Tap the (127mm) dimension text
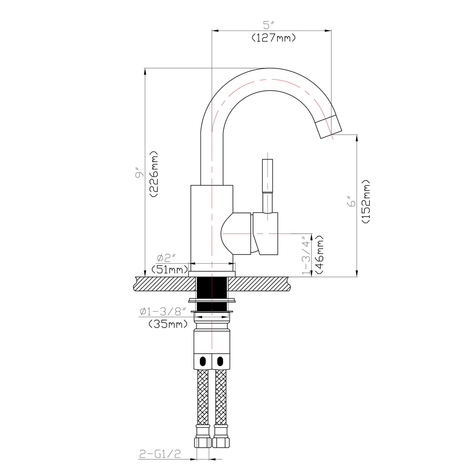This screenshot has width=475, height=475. point(273,38)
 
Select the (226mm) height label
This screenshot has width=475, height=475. point(154,174)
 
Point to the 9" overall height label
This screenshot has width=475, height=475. point(140,173)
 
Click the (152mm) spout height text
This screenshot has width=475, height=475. point(366,202)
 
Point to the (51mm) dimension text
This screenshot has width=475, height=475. point(169,270)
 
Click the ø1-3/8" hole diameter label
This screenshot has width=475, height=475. point(163,311)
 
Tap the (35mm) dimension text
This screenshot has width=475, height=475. point(168,324)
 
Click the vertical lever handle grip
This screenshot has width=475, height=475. point(267,176)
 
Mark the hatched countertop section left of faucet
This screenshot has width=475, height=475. point(164,284)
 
